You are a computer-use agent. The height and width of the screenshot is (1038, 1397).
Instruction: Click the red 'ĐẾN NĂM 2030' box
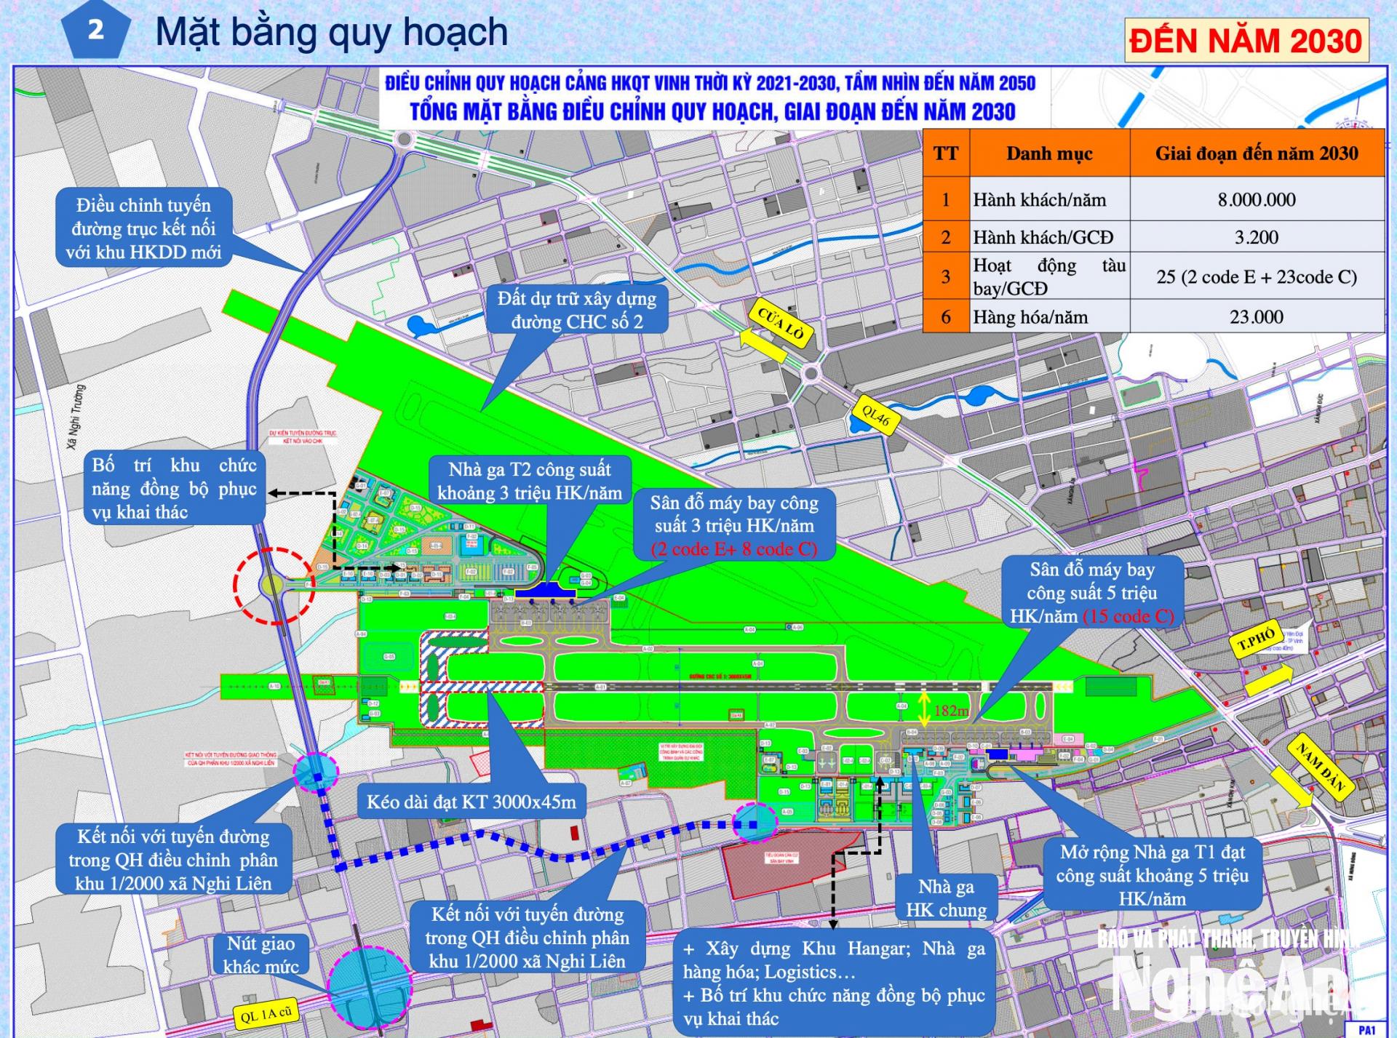(1246, 41)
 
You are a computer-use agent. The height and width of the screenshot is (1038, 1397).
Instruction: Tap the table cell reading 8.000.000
(1257, 200)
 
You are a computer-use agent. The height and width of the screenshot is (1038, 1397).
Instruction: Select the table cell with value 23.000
(1257, 317)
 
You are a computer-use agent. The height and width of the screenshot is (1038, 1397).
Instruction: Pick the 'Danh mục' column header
(1049, 153)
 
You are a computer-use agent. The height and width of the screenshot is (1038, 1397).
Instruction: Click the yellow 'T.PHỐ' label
(1257, 641)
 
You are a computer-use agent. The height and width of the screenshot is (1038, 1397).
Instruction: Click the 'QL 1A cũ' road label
(266, 1014)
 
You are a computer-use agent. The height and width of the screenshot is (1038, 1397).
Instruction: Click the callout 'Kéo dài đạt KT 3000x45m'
(471, 802)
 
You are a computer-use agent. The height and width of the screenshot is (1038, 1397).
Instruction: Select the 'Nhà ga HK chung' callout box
(945, 898)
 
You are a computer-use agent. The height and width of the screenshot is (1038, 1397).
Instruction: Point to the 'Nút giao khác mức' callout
(260, 954)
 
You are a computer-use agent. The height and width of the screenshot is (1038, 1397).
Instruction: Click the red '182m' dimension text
(950, 711)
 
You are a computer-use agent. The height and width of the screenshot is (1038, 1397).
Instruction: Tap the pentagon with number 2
(95, 31)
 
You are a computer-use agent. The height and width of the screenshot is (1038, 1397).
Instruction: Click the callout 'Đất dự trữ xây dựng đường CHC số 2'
(576, 310)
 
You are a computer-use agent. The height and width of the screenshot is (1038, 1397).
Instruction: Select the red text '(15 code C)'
(1129, 617)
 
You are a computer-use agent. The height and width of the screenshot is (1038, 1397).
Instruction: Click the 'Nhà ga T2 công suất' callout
(529, 481)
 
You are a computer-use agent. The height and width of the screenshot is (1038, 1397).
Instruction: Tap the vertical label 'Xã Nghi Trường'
(76, 416)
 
